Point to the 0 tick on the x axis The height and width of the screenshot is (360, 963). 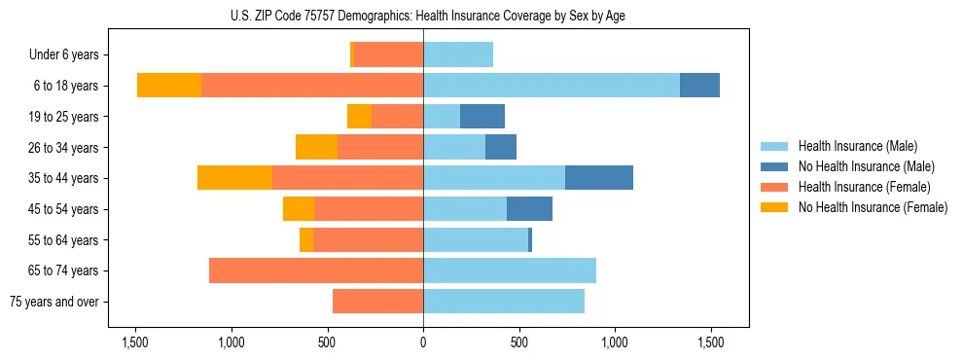(423, 342)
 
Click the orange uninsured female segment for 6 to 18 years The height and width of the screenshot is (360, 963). (169, 86)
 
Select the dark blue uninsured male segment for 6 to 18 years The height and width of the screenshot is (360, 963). (699, 86)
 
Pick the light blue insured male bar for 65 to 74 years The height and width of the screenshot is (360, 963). (510, 270)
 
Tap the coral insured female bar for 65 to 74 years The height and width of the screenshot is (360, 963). (316, 270)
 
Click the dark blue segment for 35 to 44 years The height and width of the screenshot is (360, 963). (599, 178)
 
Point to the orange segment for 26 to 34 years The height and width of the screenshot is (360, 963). (316, 147)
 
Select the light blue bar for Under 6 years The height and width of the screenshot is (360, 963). (458, 54)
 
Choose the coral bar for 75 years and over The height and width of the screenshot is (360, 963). (377, 302)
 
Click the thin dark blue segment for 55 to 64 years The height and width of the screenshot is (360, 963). (530, 239)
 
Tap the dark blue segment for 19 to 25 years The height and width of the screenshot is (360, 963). (482, 117)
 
